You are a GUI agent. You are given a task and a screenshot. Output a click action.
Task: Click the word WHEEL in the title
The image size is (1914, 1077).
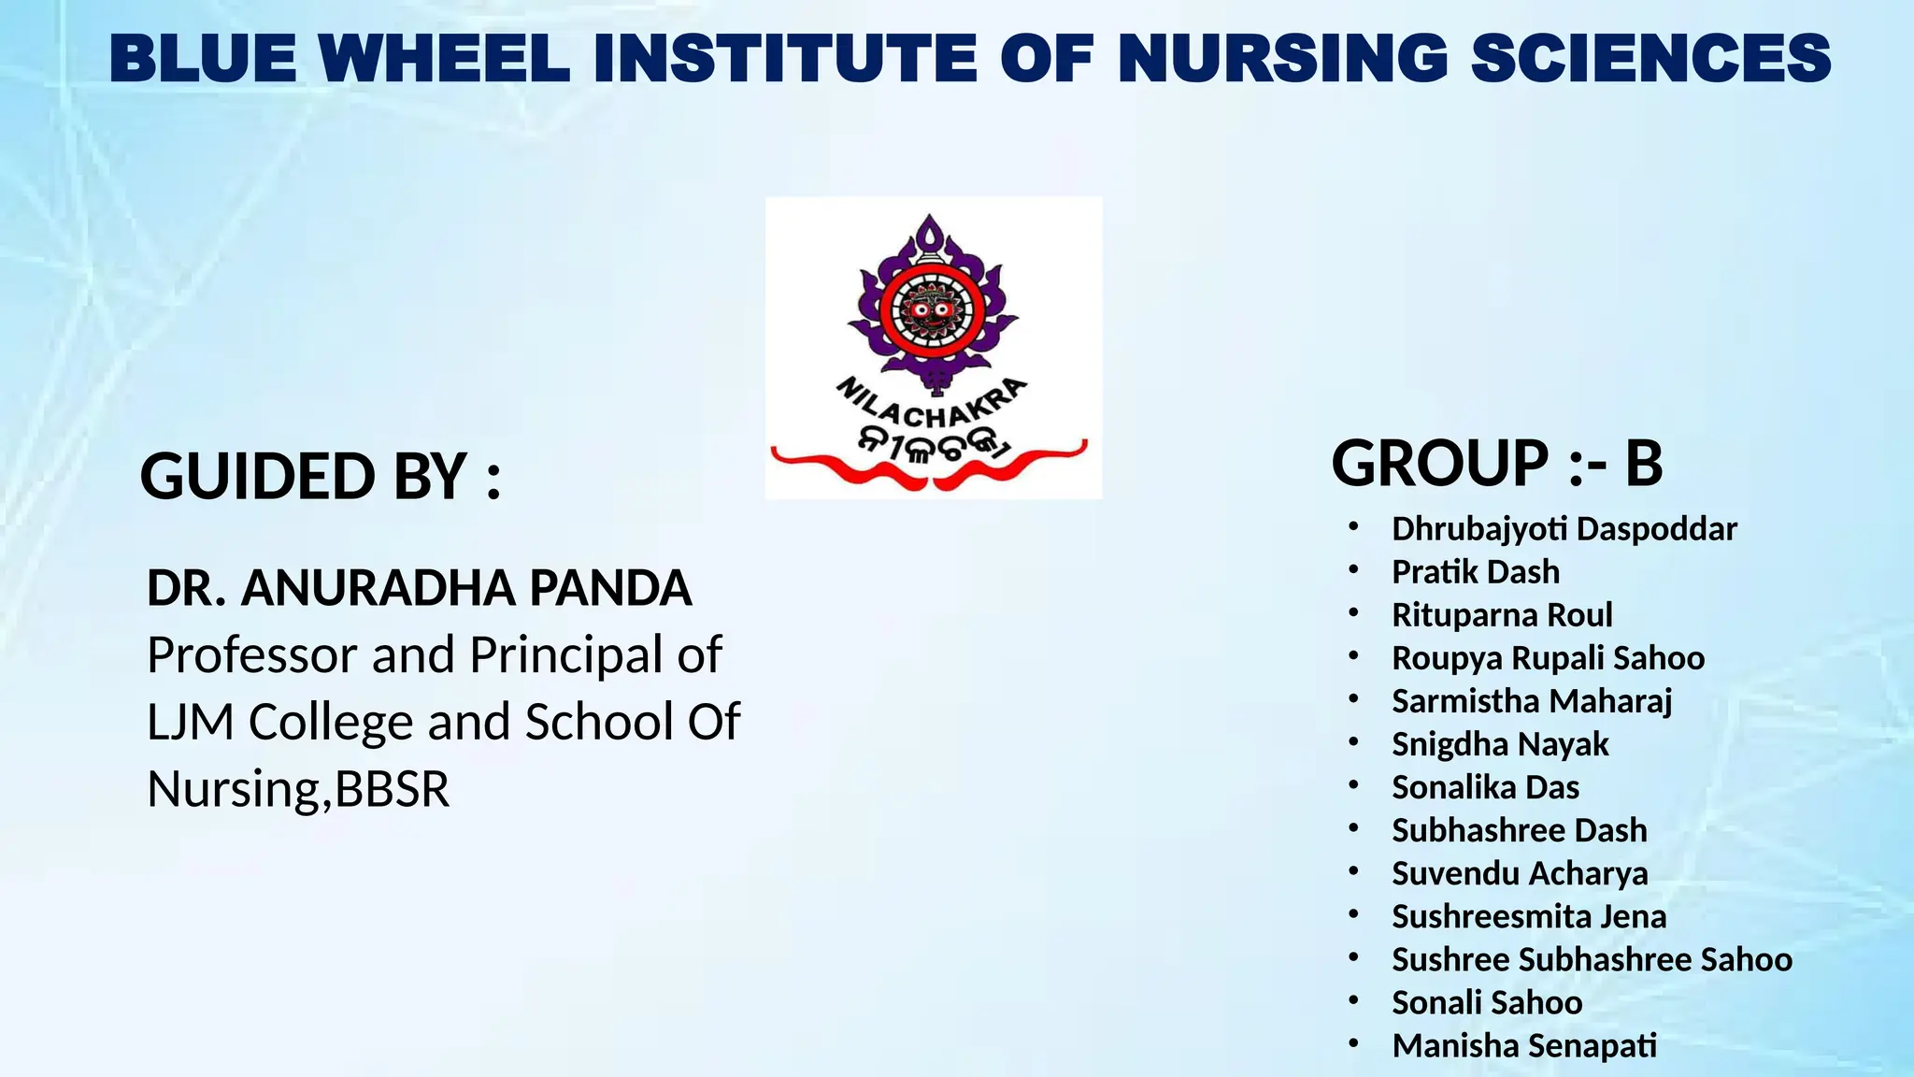click(444, 58)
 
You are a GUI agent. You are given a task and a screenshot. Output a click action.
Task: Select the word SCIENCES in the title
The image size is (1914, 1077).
click(1650, 58)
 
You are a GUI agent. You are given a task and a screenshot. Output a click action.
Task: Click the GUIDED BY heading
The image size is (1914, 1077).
click(321, 476)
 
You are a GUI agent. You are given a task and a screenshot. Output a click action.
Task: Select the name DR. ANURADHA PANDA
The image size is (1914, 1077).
click(419, 588)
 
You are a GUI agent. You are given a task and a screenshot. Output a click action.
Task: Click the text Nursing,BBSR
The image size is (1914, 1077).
click(298, 789)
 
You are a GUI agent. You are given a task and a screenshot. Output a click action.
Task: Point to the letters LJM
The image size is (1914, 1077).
click(190, 722)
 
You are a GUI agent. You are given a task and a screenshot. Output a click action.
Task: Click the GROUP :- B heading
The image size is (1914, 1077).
click(1496, 464)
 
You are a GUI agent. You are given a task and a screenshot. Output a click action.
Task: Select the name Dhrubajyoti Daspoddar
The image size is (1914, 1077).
click(1564, 529)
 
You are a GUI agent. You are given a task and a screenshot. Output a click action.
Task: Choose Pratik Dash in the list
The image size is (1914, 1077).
click(1475, 572)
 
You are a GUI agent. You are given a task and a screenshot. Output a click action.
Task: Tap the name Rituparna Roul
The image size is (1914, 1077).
click(1502, 615)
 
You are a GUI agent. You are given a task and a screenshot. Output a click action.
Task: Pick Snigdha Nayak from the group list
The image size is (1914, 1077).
click(1500, 744)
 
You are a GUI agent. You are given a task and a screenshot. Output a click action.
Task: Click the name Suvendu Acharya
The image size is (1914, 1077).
click(1520, 873)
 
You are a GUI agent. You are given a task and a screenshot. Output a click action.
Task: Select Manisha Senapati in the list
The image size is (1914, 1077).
click(1524, 1045)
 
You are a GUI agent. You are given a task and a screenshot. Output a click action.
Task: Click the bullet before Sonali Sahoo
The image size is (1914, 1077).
click(1353, 1000)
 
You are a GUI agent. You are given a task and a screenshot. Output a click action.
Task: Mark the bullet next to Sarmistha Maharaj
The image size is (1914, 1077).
click(1353, 698)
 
